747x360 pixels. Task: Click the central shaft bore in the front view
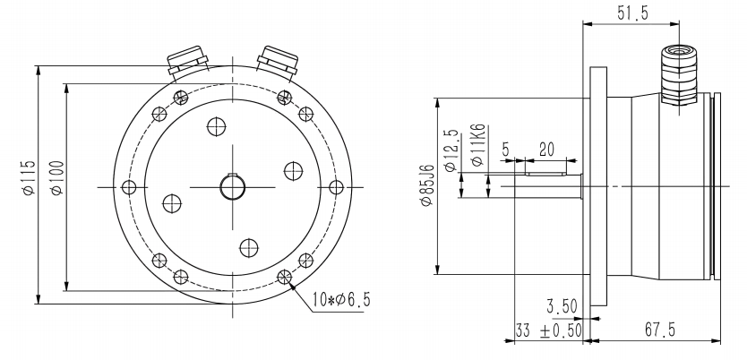coord(232,186)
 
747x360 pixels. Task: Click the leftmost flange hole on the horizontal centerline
coord(129,186)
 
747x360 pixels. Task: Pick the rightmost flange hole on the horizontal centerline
coord(336,186)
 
